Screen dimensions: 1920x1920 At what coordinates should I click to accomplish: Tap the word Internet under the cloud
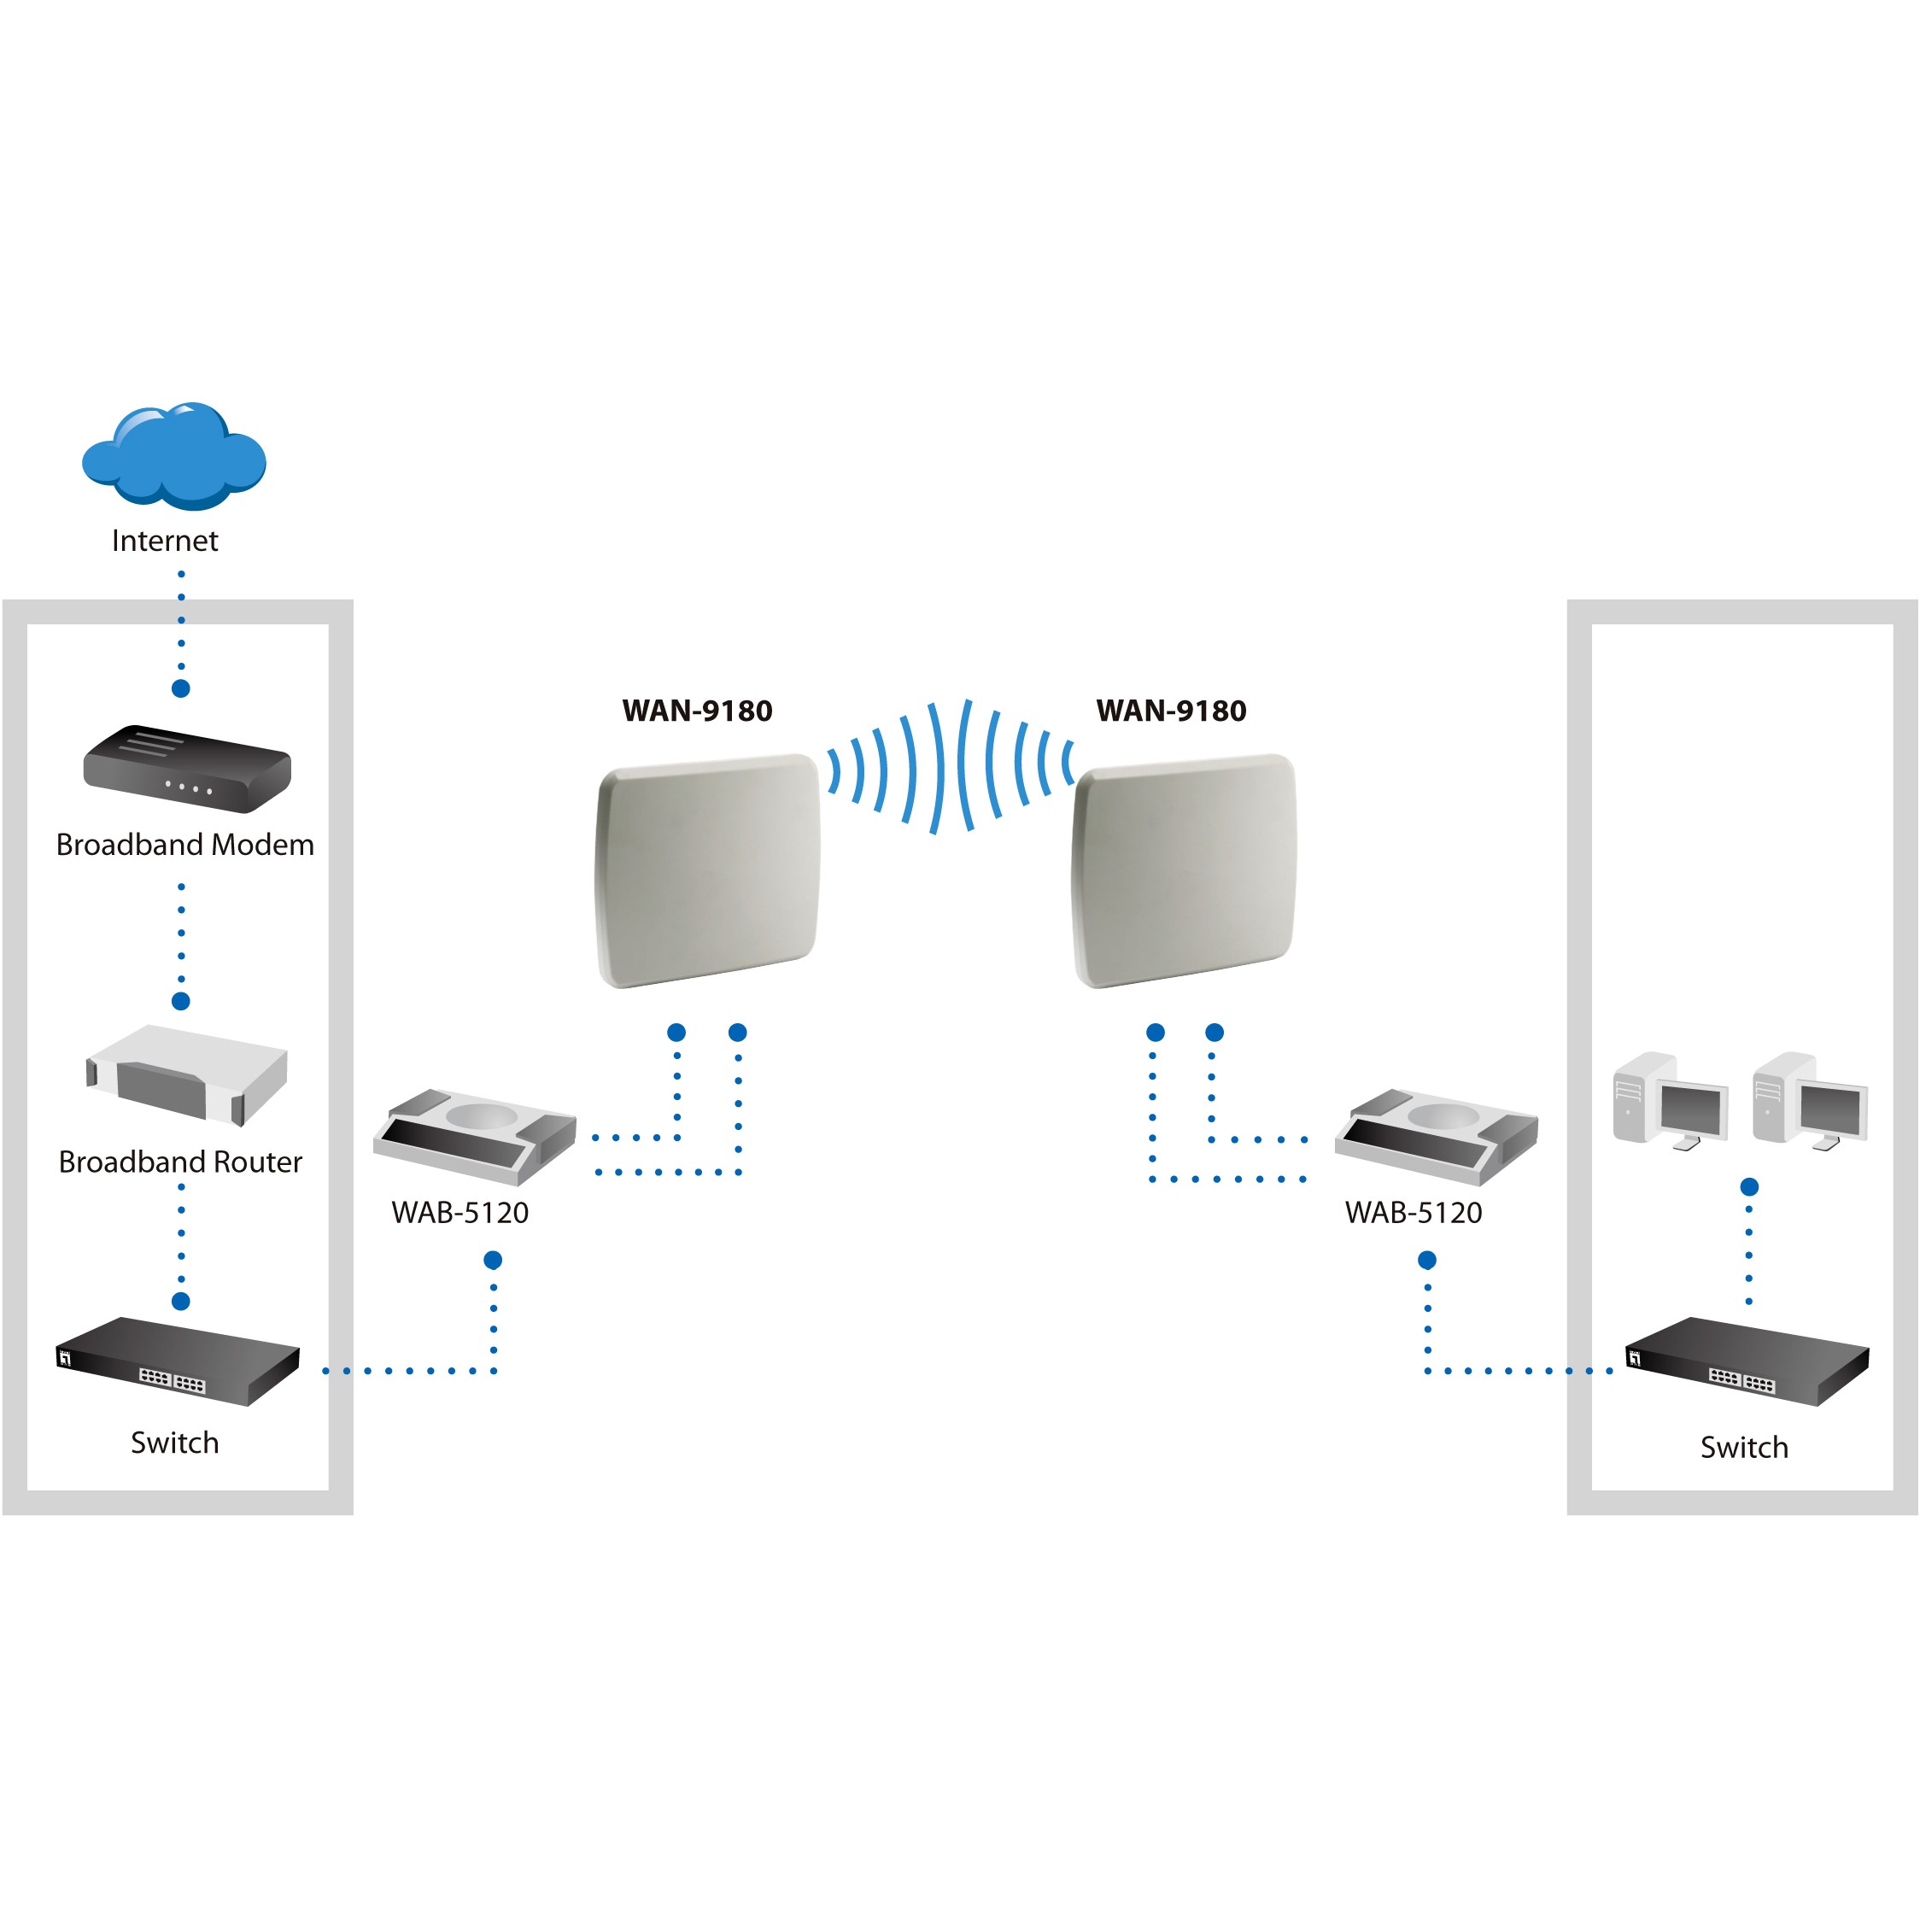[165, 541]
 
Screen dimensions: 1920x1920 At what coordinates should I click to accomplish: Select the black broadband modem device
[187, 770]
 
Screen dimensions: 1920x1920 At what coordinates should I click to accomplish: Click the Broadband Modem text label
[184, 845]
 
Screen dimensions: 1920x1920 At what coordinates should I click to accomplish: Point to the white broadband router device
[187, 1075]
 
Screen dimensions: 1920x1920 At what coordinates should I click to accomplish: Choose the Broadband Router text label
[180, 1162]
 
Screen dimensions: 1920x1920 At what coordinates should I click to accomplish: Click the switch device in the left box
[178, 1361]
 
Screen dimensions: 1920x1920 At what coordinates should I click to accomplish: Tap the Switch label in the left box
[175, 1443]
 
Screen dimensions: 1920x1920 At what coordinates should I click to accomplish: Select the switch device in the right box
[1747, 1361]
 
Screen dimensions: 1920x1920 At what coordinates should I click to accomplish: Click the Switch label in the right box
[1744, 1448]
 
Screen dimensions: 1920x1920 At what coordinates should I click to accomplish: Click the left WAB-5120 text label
[460, 1213]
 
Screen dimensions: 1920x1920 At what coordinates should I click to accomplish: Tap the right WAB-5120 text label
[1414, 1213]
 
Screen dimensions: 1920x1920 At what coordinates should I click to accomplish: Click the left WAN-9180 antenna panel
[707, 870]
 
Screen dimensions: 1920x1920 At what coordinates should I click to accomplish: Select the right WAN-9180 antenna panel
[1184, 870]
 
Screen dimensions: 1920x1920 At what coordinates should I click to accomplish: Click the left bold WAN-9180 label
[698, 711]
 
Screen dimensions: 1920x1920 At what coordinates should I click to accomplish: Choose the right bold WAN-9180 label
[1172, 711]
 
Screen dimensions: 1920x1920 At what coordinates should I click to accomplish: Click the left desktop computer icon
[1671, 1101]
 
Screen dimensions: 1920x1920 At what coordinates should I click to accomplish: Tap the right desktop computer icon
[1810, 1101]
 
